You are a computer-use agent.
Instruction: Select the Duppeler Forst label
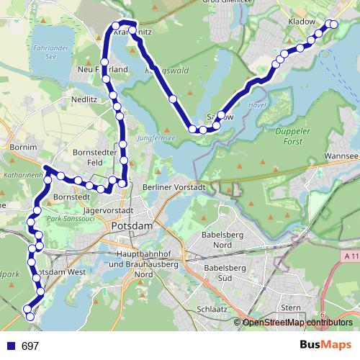294,136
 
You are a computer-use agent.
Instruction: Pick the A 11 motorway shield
351,256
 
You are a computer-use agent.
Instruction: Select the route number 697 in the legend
30,346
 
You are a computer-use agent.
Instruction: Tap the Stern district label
291,307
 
